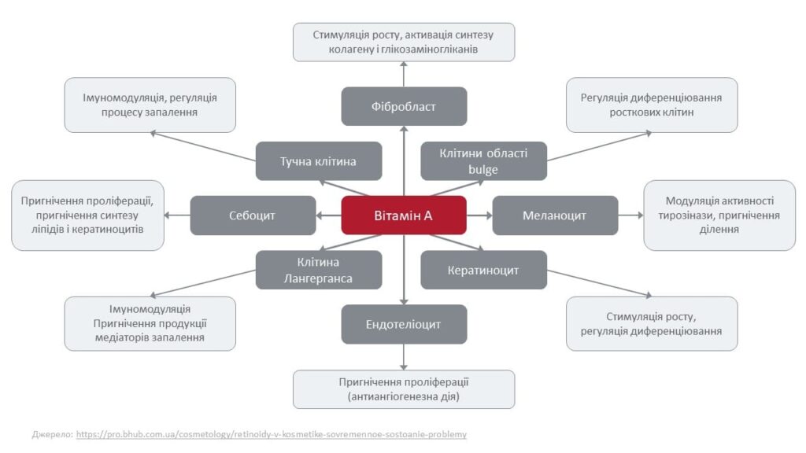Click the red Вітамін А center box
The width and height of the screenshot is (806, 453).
(x=404, y=215)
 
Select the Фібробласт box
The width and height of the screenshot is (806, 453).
(x=404, y=106)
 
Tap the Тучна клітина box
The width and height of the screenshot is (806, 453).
(x=319, y=161)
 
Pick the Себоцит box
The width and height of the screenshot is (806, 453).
(x=253, y=215)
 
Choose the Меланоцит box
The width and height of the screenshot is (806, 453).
(x=555, y=215)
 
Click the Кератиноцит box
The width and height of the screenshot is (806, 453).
(x=483, y=270)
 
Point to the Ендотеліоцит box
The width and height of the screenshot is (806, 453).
(x=404, y=324)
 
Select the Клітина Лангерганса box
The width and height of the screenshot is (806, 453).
(x=319, y=270)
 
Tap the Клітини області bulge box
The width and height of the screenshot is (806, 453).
(x=483, y=161)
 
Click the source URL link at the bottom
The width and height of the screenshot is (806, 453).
(x=272, y=434)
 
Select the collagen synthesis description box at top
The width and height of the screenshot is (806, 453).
(x=404, y=42)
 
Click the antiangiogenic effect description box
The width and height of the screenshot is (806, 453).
(x=404, y=389)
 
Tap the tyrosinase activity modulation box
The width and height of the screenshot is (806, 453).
(x=719, y=215)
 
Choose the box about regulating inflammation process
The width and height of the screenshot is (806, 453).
(x=150, y=105)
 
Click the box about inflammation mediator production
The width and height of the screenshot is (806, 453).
(x=150, y=323)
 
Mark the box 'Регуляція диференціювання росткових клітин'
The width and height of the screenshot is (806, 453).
(x=652, y=105)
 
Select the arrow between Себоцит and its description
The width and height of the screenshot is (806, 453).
(x=178, y=215)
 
